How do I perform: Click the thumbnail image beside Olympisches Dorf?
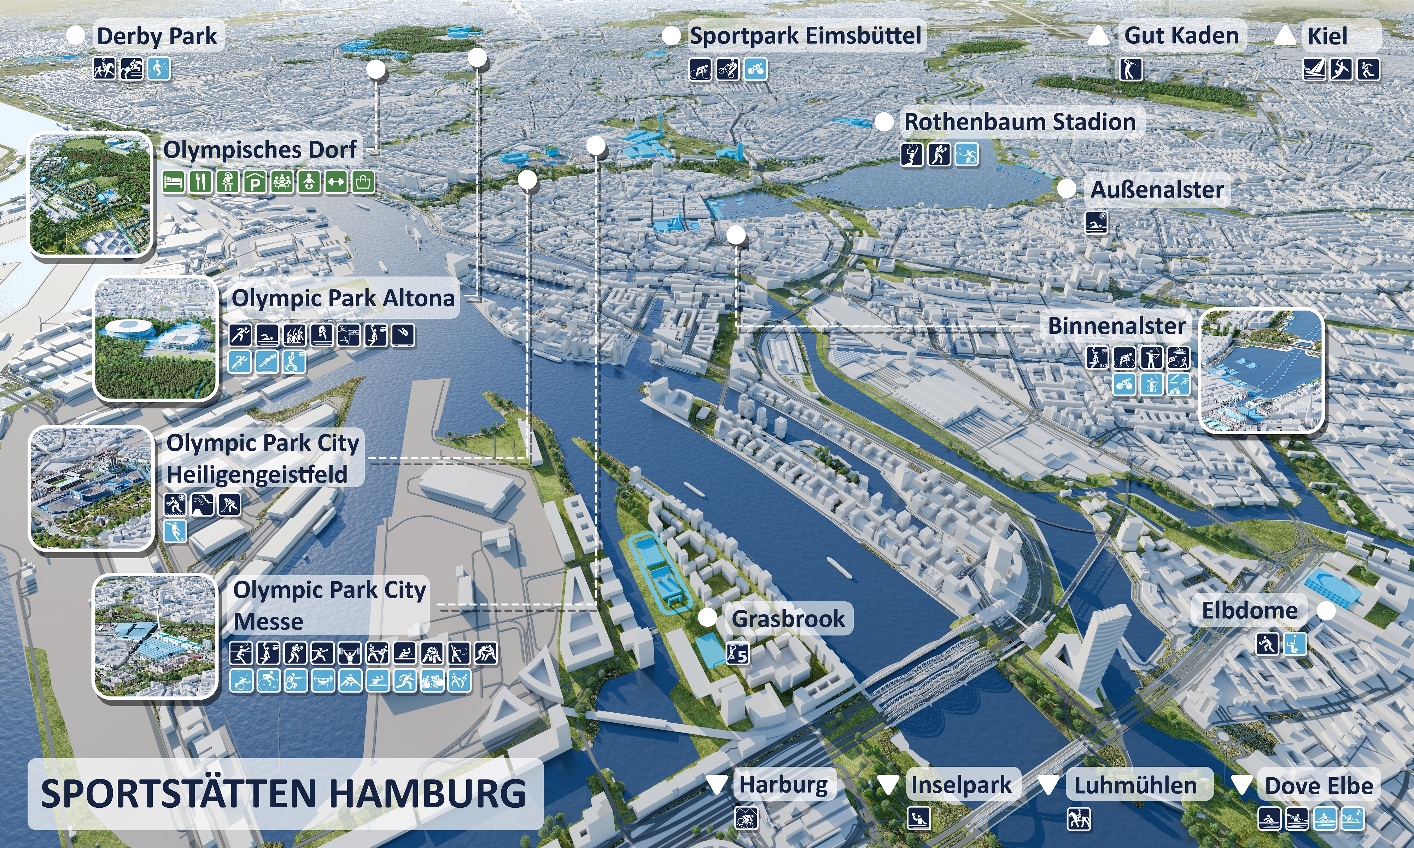[90, 195]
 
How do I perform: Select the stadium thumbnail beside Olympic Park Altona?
[156, 338]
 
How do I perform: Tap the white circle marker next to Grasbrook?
[708, 617]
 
